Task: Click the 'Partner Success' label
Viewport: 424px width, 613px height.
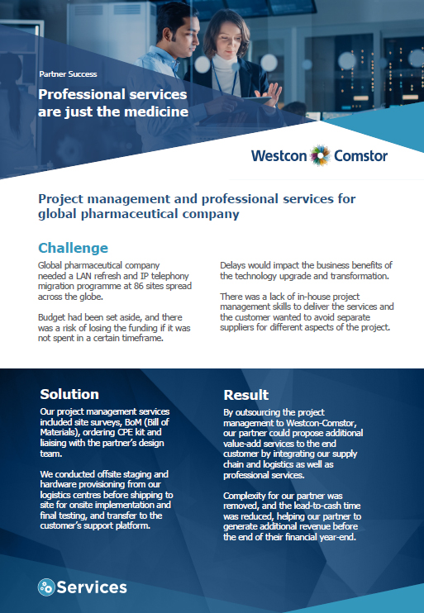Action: click(x=68, y=74)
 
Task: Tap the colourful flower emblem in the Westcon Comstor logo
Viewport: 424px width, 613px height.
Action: click(x=321, y=155)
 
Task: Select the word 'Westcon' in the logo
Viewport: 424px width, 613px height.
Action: click(x=279, y=155)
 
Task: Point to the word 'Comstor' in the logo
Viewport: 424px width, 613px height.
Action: click(x=360, y=155)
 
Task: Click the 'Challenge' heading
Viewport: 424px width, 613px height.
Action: click(x=73, y=248)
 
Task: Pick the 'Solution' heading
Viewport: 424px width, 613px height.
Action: click(x=69, y=394)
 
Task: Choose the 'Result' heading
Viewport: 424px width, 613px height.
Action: click(x=246, y=395)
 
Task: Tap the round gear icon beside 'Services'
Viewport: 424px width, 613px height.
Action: click(x=46, y=587)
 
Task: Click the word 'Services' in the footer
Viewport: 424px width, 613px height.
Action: click(x=92, y=587)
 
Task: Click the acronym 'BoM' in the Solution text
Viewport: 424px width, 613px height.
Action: click(x=134, y=422)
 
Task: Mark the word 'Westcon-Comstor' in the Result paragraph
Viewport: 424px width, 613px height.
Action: click(x=321, y=423)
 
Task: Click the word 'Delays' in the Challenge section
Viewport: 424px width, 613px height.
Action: click(x=232, y=265)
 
